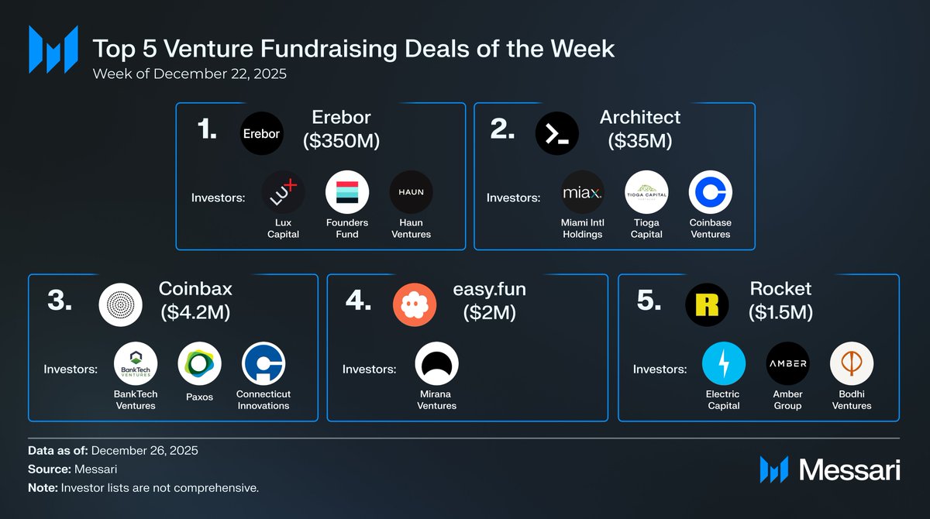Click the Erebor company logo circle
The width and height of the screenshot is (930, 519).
(x=262, y=133)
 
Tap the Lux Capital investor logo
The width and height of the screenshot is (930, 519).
(x=283, y=192)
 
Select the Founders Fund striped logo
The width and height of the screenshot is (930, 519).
(x=347, y=192)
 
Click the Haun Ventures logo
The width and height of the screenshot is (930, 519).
(x=411, y=192)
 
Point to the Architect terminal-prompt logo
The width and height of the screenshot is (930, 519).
(x=557, y=133)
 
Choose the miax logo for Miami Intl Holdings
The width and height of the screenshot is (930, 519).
(x=583, y=192)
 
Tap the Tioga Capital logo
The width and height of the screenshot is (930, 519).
(x=646, y=192)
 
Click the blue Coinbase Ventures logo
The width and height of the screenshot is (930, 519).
(x=711, y=192)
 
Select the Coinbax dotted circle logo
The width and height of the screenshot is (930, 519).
(x=120, y=305)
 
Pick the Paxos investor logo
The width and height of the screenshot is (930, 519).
(x=199, y=363)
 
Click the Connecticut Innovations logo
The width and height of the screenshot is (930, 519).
(x=263, y=363)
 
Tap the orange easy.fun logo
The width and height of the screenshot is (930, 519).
(x=415, y=305)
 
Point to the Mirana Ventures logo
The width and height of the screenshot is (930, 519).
(x=437, y=363)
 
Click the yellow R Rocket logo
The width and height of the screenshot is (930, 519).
(x=707, y=305)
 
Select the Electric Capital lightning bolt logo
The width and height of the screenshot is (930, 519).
(x=724, y=363)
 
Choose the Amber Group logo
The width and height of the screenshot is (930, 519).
(x=787, y=363)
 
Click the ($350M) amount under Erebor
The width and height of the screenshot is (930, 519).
(x=341, y=141)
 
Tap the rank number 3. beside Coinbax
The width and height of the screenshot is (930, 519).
(x=60, y=300)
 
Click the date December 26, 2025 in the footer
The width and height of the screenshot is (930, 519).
(x=144, y=451)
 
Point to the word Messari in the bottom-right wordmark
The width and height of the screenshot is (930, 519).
(x=849, y=470)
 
